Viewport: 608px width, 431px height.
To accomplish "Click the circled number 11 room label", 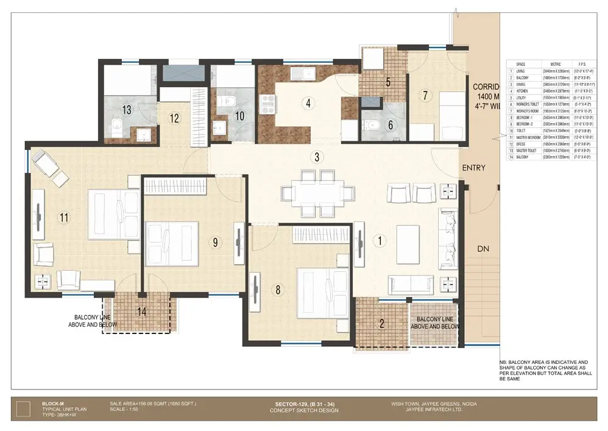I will tap(63, 216).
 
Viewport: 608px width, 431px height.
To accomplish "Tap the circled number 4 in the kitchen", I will tap(309, 102).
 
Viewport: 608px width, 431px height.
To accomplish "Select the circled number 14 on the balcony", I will tap(142, 311).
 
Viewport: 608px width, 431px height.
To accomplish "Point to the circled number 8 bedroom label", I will tap(278, 290).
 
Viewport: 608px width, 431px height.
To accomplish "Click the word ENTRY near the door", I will tap(473, 168).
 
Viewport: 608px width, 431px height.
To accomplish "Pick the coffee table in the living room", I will tap(408, 237).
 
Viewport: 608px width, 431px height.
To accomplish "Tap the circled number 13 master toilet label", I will tap(127, 110).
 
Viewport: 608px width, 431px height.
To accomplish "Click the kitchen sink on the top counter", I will tap(302, 74).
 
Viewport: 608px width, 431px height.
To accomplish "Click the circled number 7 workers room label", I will tap(425, 95).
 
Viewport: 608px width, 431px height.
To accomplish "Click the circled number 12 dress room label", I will tap(175, 118).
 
